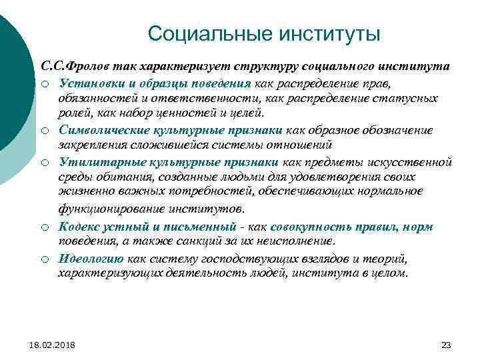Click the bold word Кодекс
pyautogui.click(x=79, y=226)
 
